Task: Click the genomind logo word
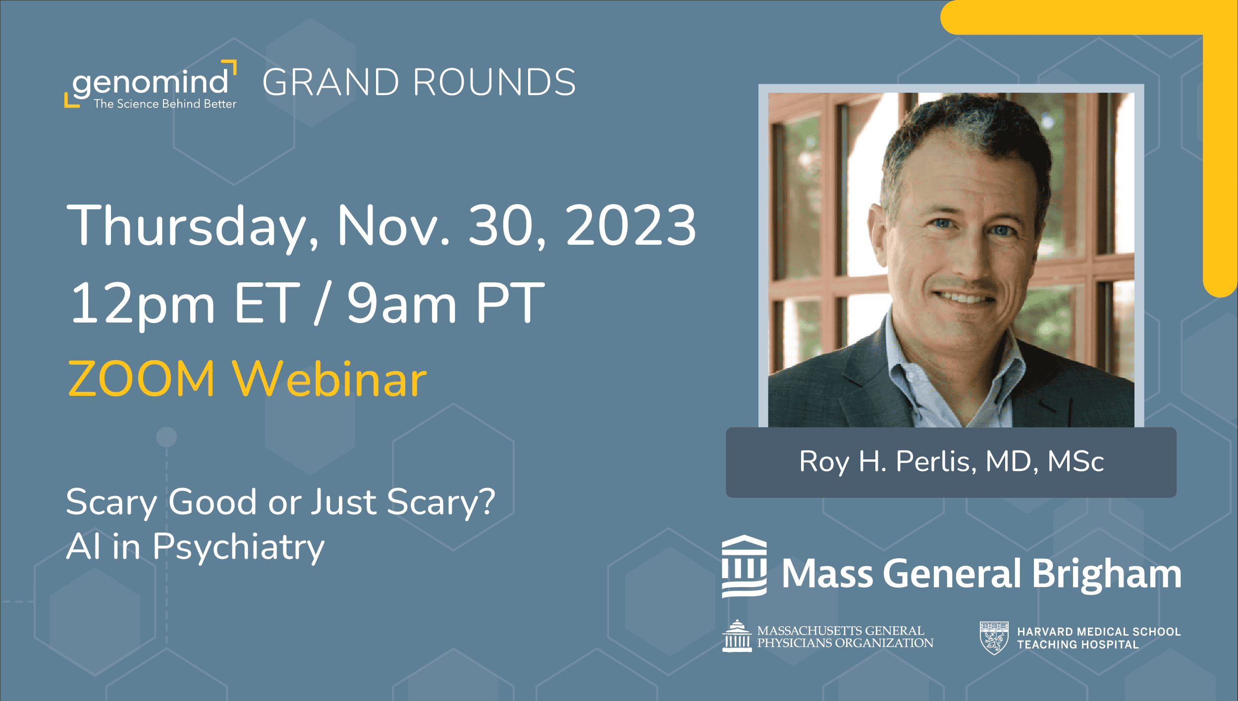coord(151,82)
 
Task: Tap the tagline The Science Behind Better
coord(165,104)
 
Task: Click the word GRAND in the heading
coord(330,82)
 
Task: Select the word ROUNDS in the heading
coord(494,82)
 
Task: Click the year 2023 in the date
coord(631,226)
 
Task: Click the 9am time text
coord(401,303)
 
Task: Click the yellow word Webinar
coord(330,379)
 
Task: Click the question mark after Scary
coord(487,501)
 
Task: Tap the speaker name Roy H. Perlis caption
coord(951,462)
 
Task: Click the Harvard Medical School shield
coord(994,638)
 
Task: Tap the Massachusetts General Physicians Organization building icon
coord(737,636)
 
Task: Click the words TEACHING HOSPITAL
coord(1077,645)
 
